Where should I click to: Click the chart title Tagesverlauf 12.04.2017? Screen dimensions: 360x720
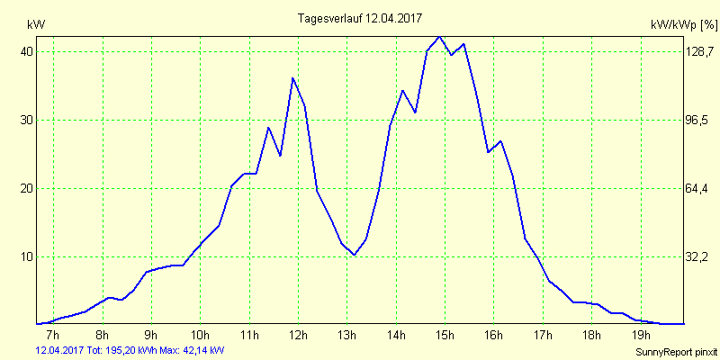[359, 18]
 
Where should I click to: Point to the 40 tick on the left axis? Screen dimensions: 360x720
[27, 52]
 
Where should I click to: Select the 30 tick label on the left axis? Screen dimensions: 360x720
[27, 121]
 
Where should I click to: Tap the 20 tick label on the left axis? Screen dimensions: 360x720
[27, 189]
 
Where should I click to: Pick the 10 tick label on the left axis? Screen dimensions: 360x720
[27, 257]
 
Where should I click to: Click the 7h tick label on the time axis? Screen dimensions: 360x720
[53, 337]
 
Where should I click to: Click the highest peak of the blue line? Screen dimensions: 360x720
[439, 37]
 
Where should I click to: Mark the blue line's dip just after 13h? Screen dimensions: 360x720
[355, 255]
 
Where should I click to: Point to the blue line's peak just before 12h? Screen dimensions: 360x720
[292, 78]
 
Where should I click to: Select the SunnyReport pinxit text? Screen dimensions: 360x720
[672, 351]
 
